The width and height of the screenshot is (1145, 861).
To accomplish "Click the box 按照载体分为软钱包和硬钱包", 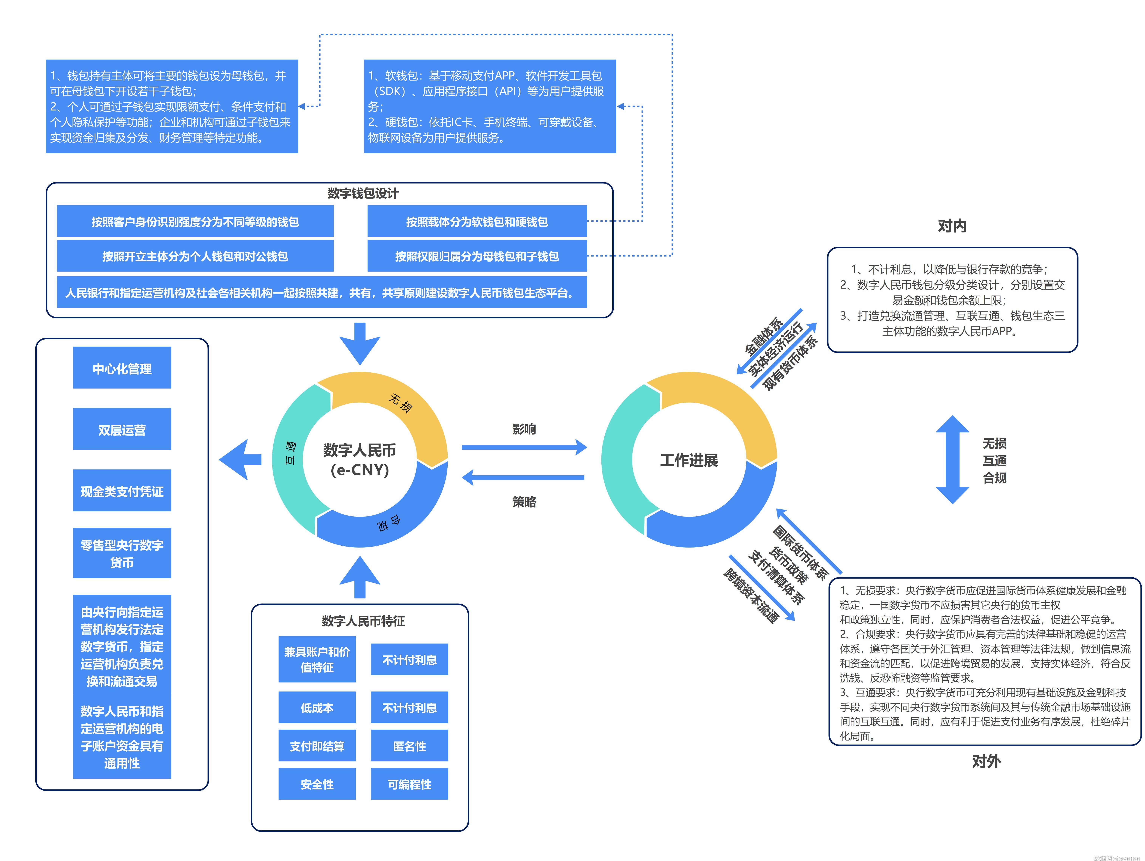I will point(477,222).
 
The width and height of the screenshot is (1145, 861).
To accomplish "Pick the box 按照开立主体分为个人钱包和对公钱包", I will point(195,256).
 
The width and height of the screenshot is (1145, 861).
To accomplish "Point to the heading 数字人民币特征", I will point(363,621).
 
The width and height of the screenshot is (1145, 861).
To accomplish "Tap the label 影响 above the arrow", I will point(524,429).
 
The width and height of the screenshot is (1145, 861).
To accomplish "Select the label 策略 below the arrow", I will point(524,501).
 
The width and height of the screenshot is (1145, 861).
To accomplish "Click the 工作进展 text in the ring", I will point(689,460).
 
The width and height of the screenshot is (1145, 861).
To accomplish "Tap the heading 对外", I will point(986,761).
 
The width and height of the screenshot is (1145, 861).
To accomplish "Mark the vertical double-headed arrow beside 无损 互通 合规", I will point(952,459).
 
